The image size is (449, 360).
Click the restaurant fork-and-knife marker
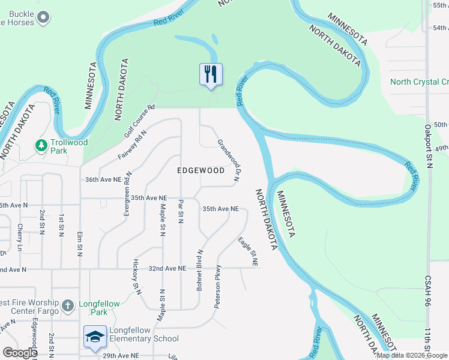pos(211,74)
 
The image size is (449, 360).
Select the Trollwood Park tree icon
pos(41,146)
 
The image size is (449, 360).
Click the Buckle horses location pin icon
pos(43,19)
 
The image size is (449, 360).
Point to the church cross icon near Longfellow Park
pos(68,305)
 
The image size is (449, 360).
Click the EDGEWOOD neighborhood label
pos(201,170)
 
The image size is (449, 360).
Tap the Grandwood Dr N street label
pos(229,159)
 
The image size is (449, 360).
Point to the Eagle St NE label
pos(248,252)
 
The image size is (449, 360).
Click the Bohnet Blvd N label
pos(200,270)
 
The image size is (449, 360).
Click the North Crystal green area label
pos(419,82)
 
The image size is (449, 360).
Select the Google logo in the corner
pos(20,353)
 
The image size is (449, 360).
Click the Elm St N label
pos(80,244)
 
